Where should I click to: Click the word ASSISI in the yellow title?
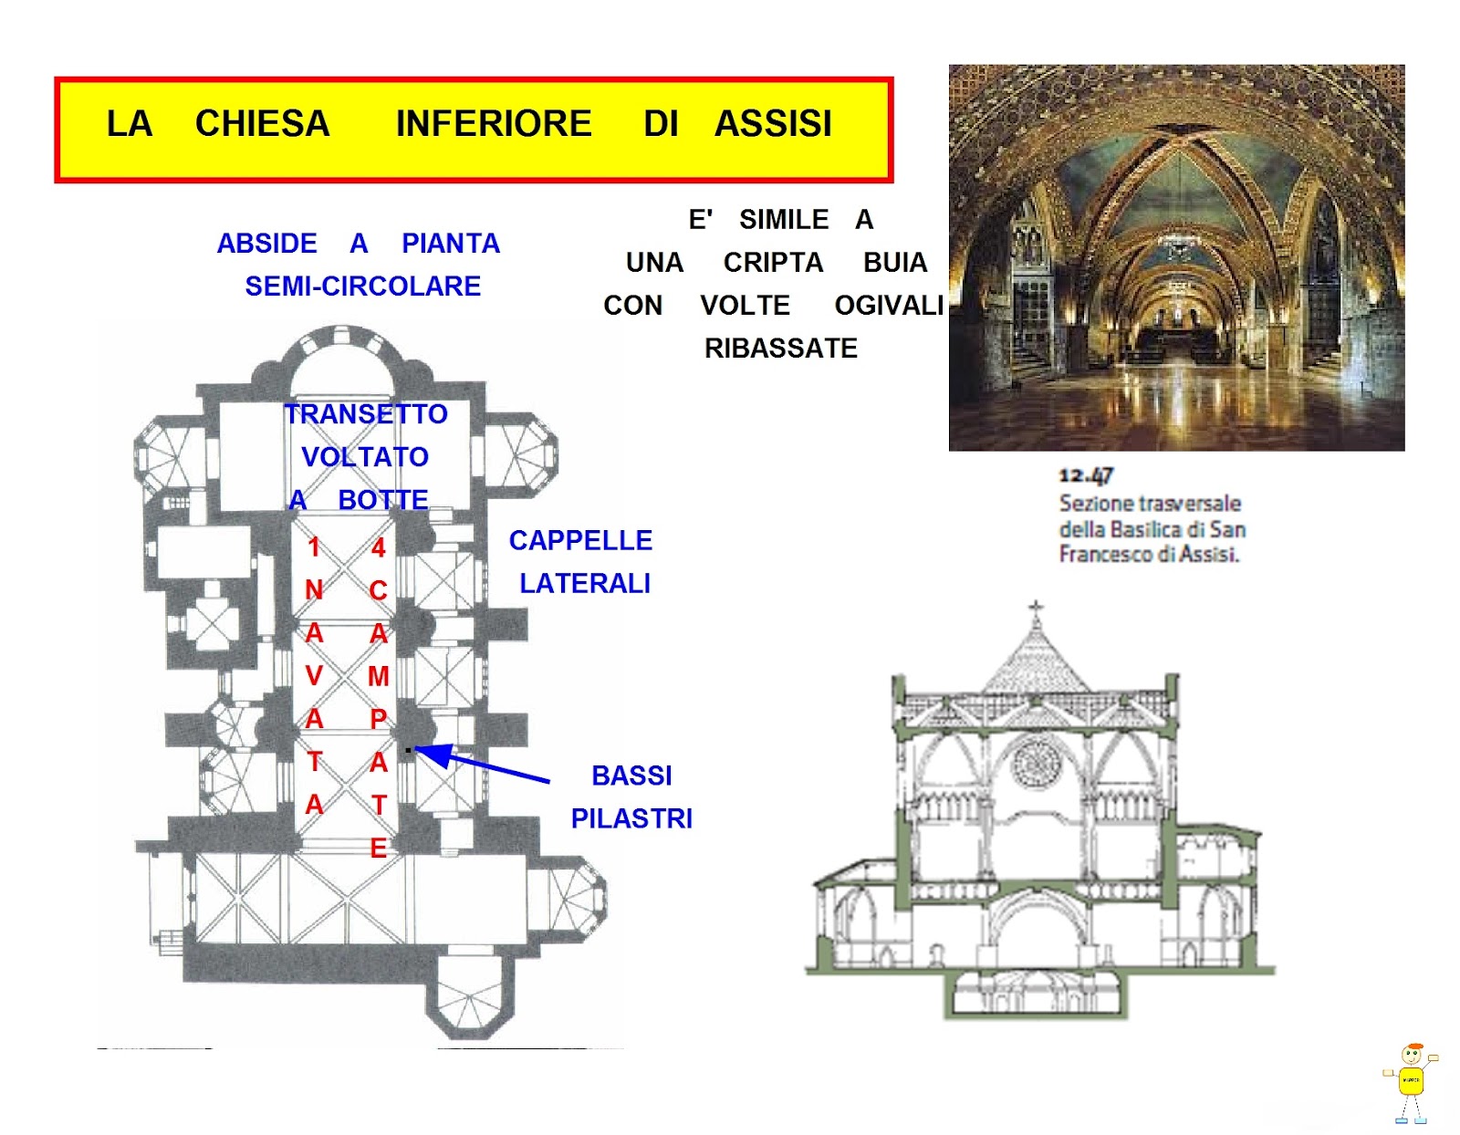tap(773, 123)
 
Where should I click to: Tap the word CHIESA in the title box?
tap(262, 123)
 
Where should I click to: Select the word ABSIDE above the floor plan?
tap(266, 243)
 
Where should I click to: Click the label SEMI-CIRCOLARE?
tap(363, 286)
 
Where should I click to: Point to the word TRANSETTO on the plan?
tap(366, 413)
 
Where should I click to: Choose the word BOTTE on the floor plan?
tap(383, 500)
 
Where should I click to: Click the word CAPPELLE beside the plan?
tap(580, 540)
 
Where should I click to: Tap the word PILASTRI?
tap(631, 818)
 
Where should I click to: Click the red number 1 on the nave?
tap(314, 547)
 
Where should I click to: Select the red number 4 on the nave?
tap(379, 547)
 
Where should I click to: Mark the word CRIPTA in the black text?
tap(773, 262)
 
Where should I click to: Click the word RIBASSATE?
tap(781, 348)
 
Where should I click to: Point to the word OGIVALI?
tap(889, 305)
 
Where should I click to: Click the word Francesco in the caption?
tap(1099, 555)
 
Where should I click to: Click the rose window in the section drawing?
tap(1037, 764)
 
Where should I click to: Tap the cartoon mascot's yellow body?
tap(1411, 1080)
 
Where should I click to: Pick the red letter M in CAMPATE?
tap(379, 676)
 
